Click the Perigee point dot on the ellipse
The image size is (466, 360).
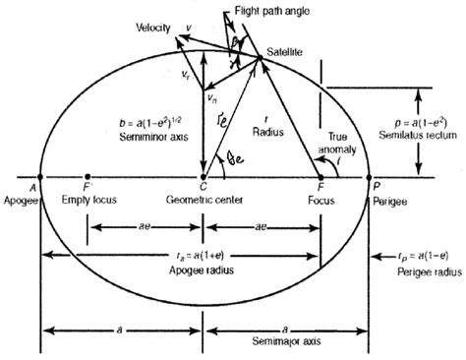coord(370,177)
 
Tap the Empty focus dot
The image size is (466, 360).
coord(88,177)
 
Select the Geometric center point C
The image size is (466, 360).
coord(204,177)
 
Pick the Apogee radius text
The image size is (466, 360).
coord(203,270)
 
